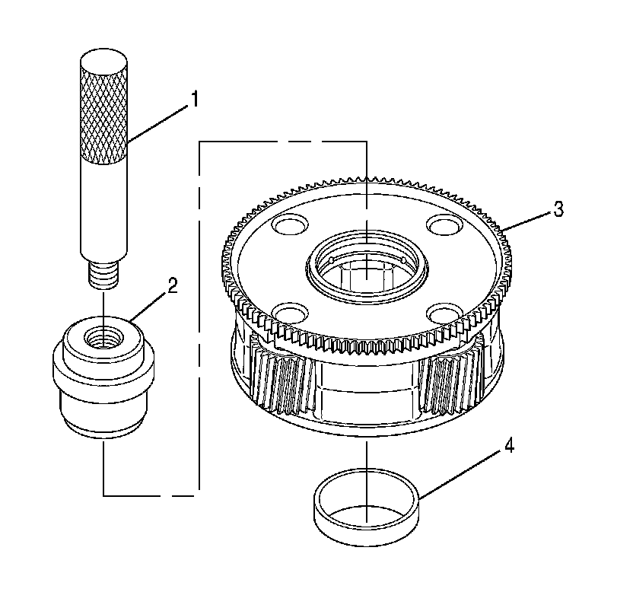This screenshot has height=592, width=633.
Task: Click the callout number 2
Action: pyautogui.click(x=173, y=287)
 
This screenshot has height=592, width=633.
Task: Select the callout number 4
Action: pyautogui.click(x=508, y=446)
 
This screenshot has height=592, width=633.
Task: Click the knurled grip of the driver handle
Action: pyautogui.click(x=103, y=114)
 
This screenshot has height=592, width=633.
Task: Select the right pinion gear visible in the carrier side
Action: pyautogui.click(x=447, y=380)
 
